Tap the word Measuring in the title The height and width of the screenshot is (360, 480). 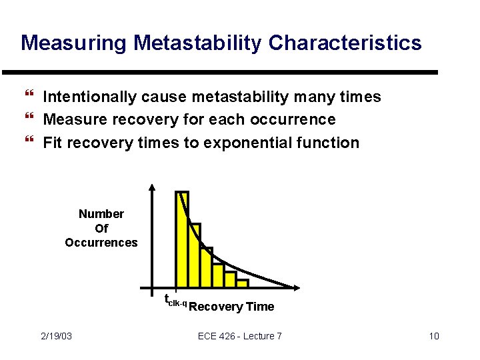coord(74,43)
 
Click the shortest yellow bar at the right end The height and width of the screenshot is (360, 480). coord(242,283)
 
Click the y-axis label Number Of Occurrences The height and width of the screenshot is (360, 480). coord(101,228)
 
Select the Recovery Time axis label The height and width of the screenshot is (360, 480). coord(231,307)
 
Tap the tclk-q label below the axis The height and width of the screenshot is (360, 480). coord(175,301)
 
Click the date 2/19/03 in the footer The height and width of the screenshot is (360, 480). coord(56,336)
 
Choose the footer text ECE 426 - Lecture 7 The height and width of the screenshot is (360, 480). coord(240,336)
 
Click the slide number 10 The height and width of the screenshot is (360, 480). coord(433,336)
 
